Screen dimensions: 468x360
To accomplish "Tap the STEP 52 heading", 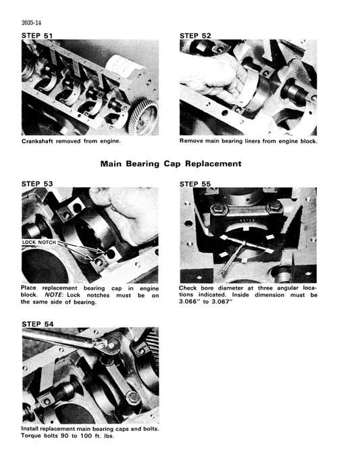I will (195, 35).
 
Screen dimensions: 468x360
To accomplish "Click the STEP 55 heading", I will (195, 184).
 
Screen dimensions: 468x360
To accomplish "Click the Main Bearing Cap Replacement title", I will (171, 163).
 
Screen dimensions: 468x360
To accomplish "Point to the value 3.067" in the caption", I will (219, 303).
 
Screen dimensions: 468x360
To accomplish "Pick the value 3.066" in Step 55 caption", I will (190, 303).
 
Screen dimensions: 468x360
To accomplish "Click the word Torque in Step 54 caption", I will (33, 436).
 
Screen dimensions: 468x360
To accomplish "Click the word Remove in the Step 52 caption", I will (192, 142).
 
